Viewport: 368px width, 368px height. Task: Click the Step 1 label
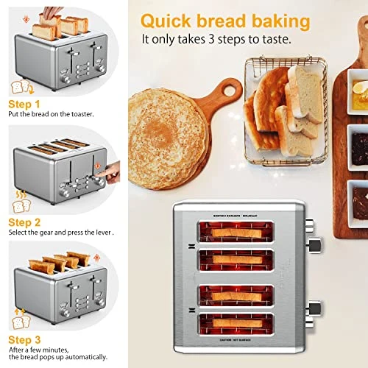point(25,105)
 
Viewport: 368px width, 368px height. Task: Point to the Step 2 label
point(25,221)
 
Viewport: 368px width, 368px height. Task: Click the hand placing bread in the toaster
point(49,13)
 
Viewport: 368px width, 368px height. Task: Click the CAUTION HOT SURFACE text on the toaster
point(242,347)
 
